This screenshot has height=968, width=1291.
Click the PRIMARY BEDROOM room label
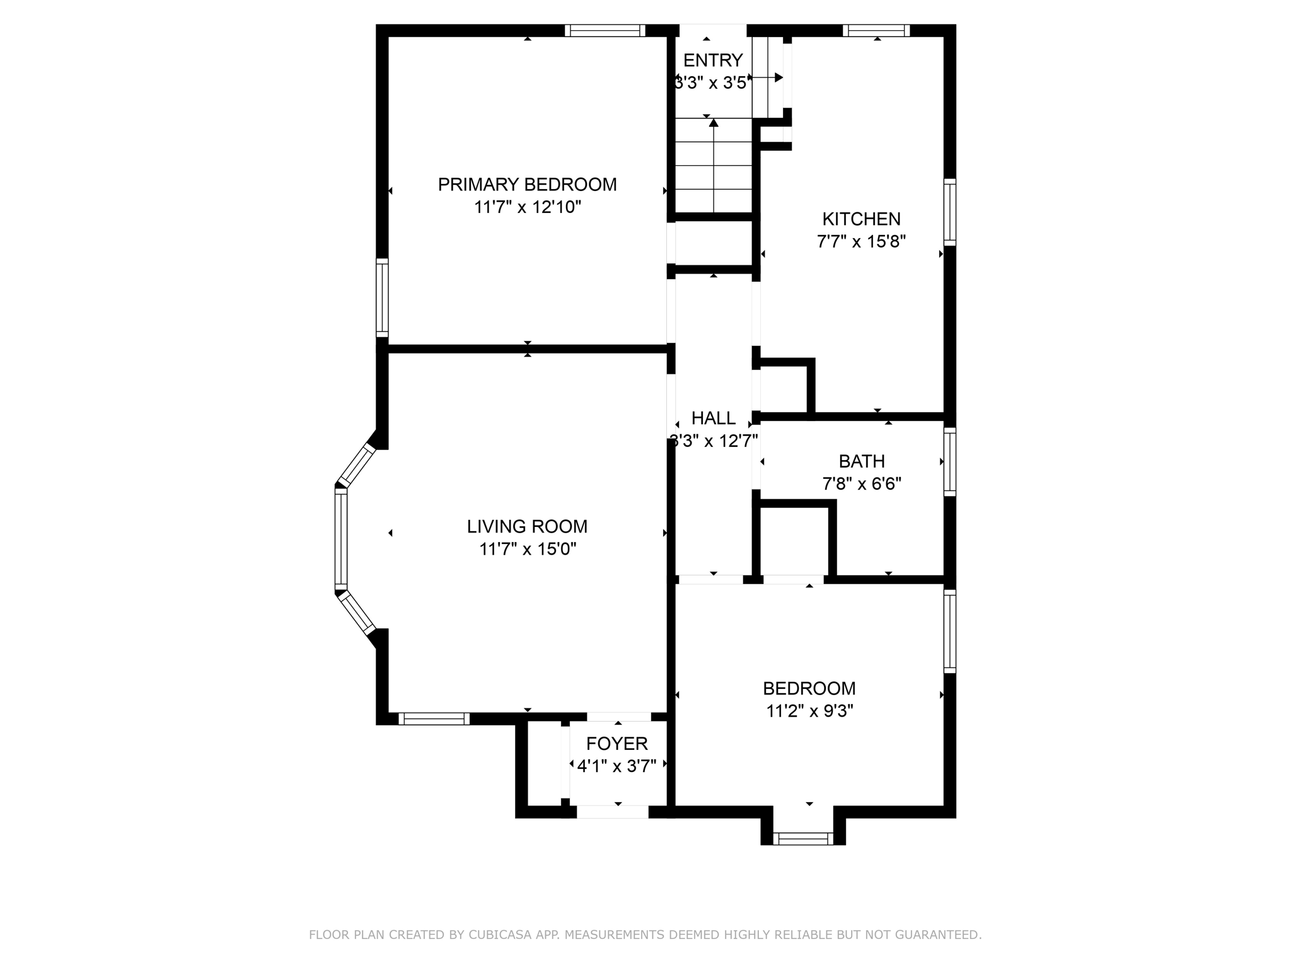point(527,185)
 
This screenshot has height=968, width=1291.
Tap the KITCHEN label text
point(861,219)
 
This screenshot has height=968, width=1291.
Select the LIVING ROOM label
point(527,526)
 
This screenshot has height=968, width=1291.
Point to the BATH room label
point(862,461)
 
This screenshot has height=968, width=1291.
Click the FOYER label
point(617,744)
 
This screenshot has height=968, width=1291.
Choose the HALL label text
point(714,418)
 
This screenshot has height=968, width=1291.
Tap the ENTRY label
point(713,60)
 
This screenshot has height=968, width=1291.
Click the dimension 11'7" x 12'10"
point(528,207)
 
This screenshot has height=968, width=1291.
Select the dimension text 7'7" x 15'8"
point(861,242)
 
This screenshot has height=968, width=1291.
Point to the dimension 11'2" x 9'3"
point(809,711)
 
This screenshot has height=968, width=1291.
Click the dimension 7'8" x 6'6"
point(862,484)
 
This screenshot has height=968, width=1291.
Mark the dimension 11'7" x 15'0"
point(528,549)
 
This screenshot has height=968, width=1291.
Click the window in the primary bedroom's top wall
point(605,30)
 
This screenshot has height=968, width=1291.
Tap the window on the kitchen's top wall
point(876,30)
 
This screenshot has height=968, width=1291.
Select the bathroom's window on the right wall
point(949,462)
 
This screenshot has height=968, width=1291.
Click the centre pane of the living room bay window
point(341,539)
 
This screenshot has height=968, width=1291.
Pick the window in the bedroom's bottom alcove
point(803,838)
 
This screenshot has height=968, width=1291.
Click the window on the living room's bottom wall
point(434,718)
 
